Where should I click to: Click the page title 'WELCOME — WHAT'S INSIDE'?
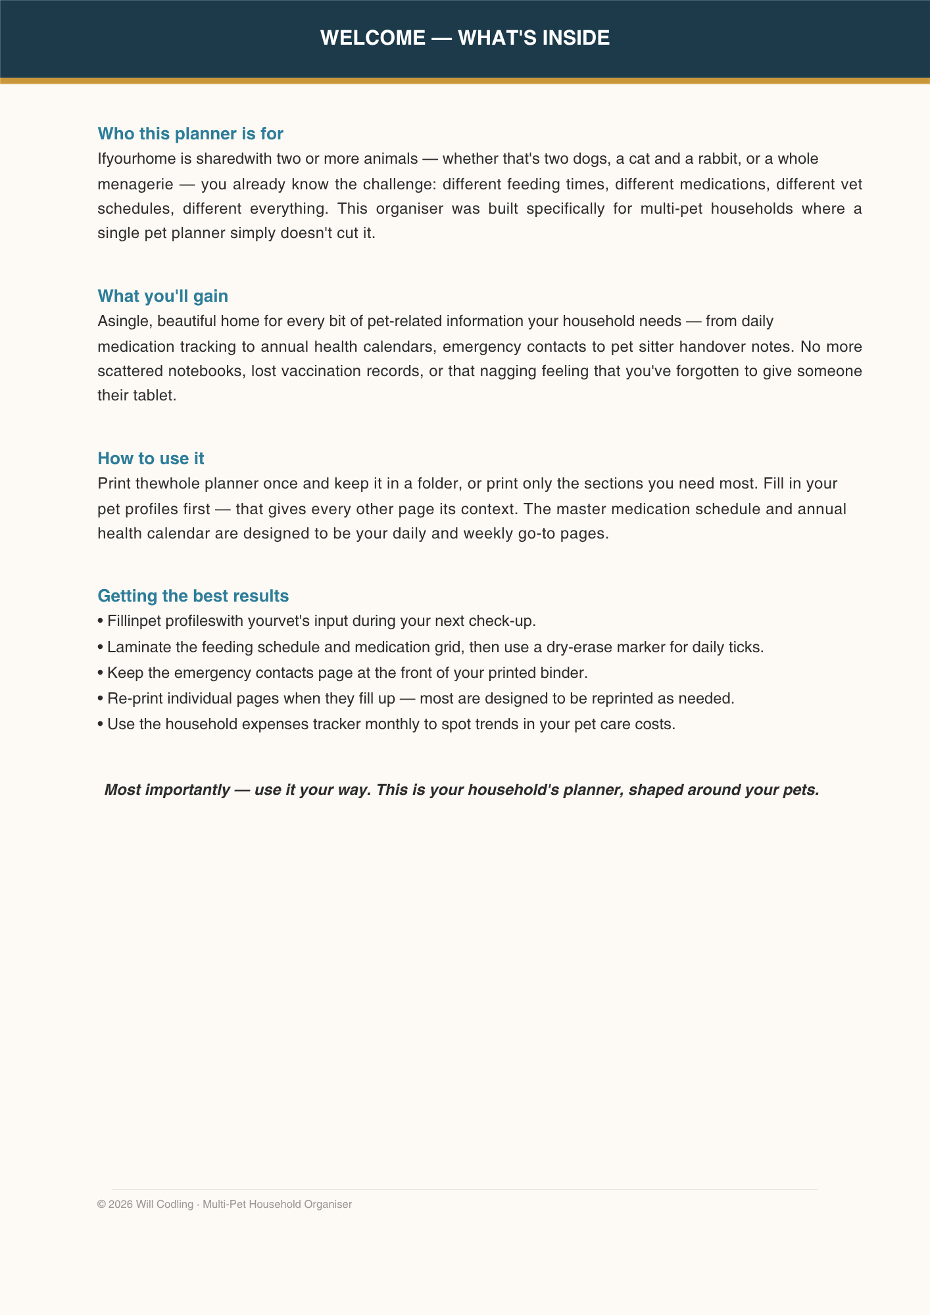(465, 38)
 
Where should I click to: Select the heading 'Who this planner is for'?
(190, 133)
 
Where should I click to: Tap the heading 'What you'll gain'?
(162, 296)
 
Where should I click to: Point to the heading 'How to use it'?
(151, 458)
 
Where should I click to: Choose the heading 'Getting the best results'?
(193, 596)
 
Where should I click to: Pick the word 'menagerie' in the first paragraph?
(135, 184)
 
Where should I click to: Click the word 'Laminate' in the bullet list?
(136, 647)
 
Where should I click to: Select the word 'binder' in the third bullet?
(564, 673)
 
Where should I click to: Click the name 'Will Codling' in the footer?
(164, 1205)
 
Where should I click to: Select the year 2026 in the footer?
(120, 1205)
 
